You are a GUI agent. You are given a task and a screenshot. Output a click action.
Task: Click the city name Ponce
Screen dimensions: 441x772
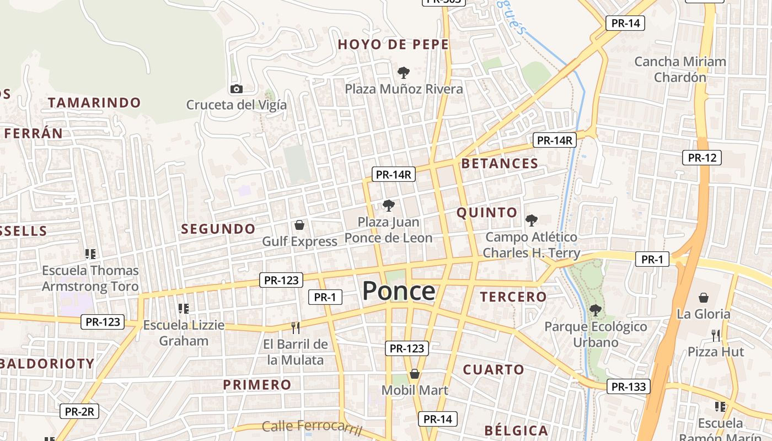(399, 291)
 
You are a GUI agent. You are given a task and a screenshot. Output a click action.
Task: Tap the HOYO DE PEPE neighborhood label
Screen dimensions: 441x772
(393, 45)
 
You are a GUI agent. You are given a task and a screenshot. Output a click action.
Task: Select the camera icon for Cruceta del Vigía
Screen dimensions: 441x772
(236, 89)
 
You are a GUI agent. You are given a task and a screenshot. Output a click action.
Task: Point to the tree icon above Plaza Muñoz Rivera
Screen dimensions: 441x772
(404, 72)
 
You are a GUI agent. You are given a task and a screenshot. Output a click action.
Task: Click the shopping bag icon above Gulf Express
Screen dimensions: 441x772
(299, 224)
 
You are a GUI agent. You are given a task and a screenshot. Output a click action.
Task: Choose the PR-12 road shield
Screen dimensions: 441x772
(701, 158)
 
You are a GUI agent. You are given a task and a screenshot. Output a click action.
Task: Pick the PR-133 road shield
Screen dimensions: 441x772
(629, 386)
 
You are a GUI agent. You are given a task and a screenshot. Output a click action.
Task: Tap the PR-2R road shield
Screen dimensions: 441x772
(79, 411)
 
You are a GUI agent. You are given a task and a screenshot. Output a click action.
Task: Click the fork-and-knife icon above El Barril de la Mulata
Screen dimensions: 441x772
(296, 328)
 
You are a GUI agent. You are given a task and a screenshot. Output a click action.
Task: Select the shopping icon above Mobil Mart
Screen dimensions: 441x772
(415, 374)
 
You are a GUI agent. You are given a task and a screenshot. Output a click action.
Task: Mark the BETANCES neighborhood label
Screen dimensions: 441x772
(500, 163)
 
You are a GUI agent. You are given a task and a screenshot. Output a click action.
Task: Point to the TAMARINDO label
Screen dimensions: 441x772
(94, 103)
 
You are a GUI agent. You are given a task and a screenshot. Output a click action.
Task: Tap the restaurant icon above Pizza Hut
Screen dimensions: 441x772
(716, 335)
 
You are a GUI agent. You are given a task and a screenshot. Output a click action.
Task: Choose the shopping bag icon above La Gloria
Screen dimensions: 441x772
(704, 298)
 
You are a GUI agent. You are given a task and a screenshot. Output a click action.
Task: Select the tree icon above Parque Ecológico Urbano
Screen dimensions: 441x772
(595, 310)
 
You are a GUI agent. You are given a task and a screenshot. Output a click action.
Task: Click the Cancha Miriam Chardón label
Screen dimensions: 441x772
(680, 69)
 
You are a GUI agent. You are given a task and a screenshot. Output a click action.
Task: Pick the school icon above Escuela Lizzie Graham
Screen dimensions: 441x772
(184, 309)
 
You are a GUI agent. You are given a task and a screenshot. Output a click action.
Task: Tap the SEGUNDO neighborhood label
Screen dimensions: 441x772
(218, 229)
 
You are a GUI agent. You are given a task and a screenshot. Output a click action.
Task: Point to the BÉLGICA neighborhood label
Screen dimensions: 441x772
(516, 431)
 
